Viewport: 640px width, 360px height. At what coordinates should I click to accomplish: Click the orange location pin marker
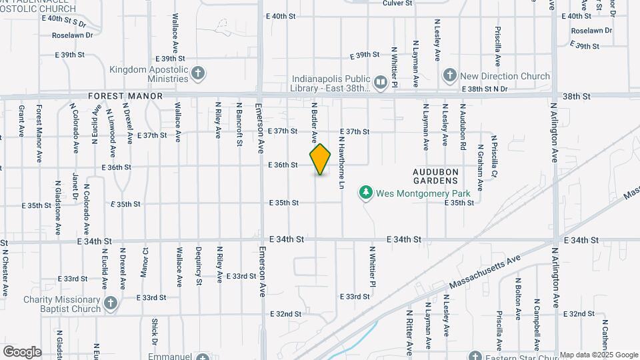(x=321, y=159)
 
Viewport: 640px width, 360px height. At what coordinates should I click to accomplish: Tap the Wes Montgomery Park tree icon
(x=365, y=193)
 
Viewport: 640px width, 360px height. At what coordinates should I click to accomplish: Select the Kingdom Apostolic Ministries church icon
(x=197, y=73)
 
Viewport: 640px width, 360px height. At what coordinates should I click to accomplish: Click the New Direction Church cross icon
(x=450, y=76)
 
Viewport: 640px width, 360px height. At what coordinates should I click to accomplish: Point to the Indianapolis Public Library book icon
(x=381, y=83)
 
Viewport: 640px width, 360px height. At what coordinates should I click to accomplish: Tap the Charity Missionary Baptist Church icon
(x=111, y=304)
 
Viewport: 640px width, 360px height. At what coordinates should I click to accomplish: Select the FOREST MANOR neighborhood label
(x=125, y=96)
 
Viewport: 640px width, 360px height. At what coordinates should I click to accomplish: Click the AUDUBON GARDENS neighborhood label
(x=435, y=176)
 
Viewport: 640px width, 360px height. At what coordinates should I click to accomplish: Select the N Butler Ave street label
(x=314, y=123)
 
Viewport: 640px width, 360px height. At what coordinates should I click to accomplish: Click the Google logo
(x=22, y=352)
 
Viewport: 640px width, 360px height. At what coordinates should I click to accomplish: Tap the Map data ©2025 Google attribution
(x=599, y=355)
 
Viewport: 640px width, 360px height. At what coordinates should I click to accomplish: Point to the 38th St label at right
(x=577, y=96)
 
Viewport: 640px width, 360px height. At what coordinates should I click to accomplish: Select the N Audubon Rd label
(x=462, y=126)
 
